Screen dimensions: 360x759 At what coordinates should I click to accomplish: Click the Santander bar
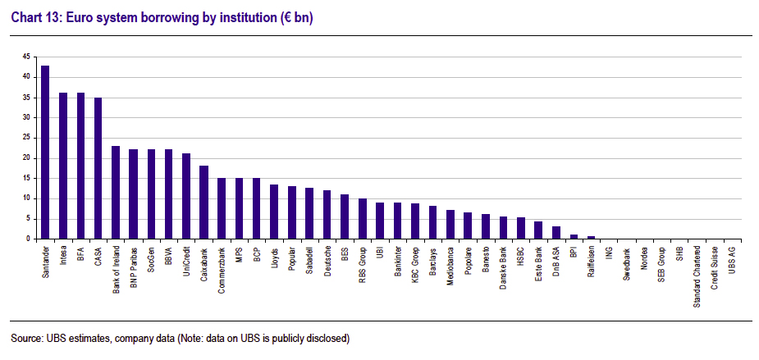tap(45, 153)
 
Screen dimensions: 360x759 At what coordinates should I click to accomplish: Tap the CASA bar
tap(98, 168)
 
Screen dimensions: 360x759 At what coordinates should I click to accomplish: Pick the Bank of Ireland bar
tap(116, 193)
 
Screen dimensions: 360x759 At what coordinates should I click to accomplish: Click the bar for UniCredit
tap(186, 196)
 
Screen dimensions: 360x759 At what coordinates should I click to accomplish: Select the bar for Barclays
tap(432, 222)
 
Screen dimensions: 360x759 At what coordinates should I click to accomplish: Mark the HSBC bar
tap(520, 228)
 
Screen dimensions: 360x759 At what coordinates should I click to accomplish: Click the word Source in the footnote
tap(25, 338)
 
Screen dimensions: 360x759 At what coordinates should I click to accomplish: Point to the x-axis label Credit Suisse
tap(714, 267)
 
